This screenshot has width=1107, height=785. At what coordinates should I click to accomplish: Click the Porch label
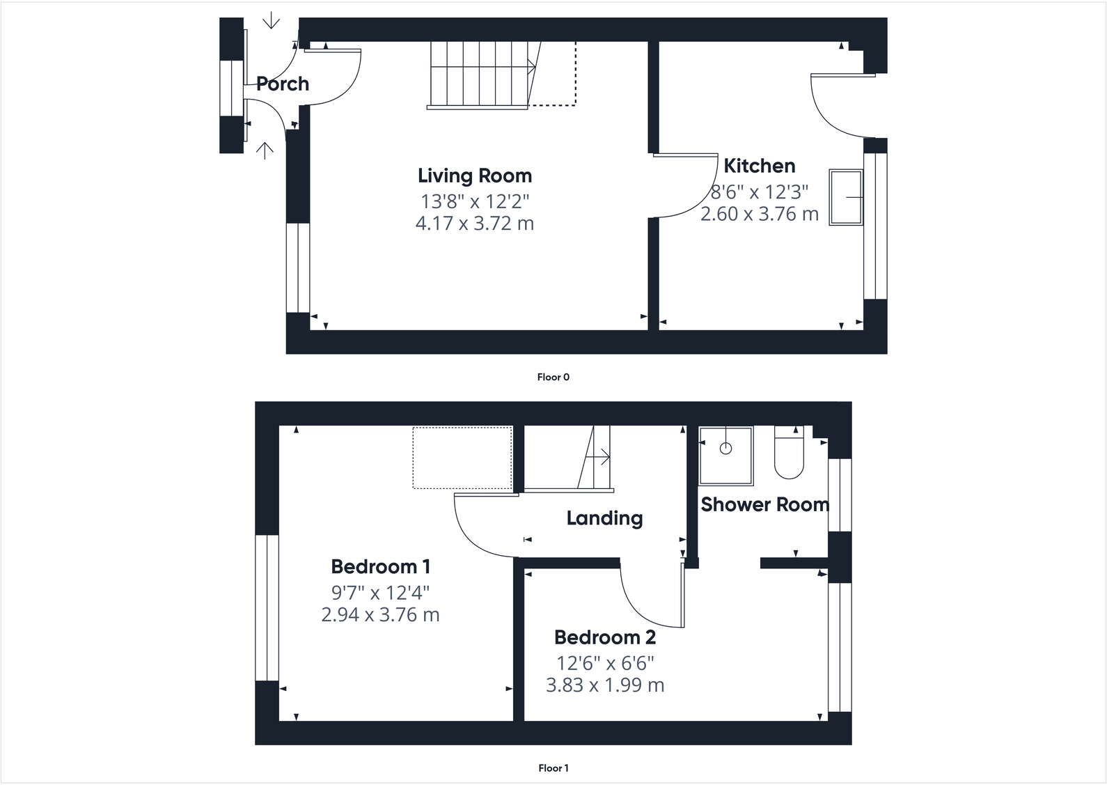point(282,84)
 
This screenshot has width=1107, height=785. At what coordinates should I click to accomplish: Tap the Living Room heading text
point(474,176)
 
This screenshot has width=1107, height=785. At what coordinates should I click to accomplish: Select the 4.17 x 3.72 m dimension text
point(474,224)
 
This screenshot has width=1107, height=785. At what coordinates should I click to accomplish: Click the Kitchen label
point(759,166)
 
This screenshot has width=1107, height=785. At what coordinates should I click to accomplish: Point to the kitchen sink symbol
point(846,197)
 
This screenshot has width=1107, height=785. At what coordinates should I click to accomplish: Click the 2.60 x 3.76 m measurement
point(759,214)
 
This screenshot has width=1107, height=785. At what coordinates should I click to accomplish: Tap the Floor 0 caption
point(553,377)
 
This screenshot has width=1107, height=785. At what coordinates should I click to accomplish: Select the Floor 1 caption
point(553,768)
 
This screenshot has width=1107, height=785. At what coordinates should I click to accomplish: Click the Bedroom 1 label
point(380,566)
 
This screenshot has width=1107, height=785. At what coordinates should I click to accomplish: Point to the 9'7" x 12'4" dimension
point(380,593)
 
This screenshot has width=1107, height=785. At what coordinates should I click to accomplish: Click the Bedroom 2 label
point(604,637)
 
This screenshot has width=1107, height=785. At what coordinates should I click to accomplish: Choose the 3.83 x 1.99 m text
point(604,685)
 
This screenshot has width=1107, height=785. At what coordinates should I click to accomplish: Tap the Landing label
point(604,518)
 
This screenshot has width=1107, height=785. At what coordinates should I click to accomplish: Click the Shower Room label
point(764,504)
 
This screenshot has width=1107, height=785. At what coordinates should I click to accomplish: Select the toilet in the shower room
point(789,453)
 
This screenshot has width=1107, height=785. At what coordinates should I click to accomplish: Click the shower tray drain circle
point(725,449)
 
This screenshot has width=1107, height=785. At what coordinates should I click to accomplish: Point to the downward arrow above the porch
point(271,21)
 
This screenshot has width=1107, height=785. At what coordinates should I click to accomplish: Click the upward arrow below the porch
point(265,150)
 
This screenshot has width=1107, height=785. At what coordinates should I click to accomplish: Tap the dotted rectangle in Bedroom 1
point(462,458)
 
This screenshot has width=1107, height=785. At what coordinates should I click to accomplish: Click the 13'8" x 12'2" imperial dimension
point(474,201)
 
